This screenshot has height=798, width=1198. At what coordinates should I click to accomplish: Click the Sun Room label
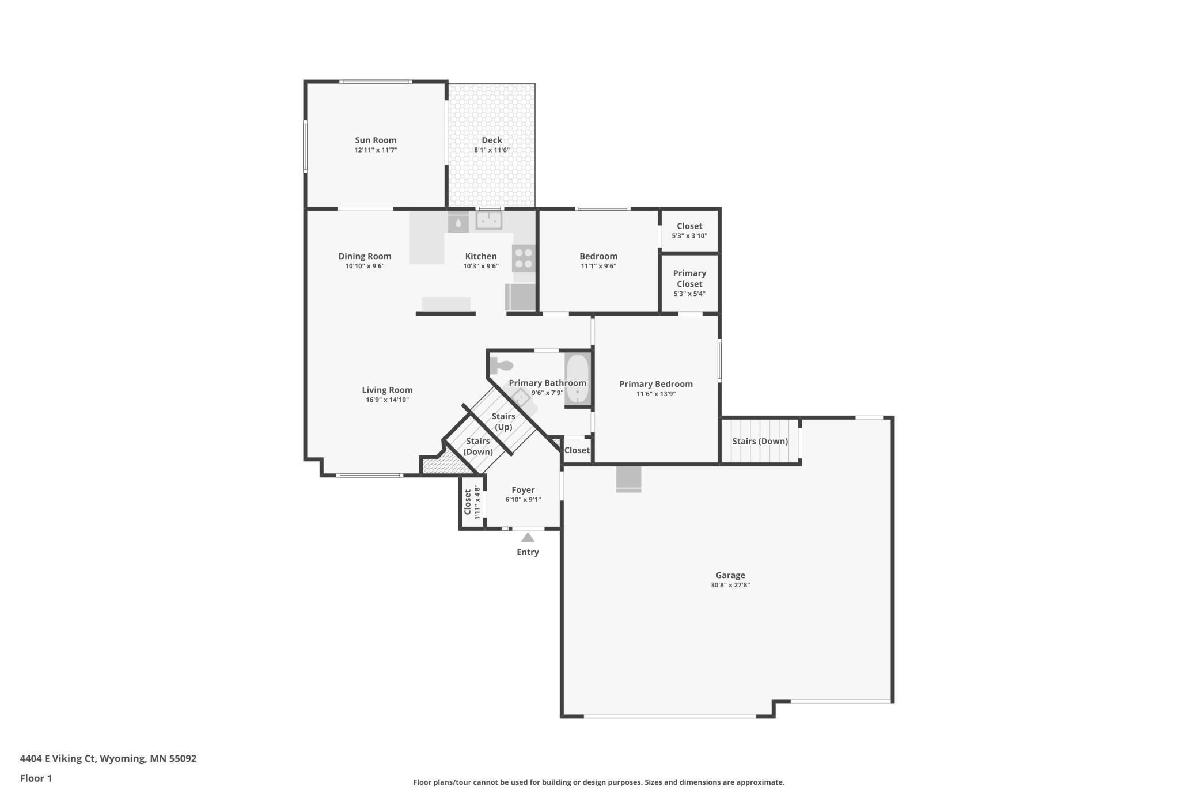tap(376, 140)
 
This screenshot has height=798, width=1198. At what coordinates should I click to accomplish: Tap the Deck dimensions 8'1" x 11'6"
tap(492, 150)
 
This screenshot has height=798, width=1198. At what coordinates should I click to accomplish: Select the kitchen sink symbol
tap(488, 219)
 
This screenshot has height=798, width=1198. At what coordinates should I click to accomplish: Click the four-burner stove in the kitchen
tap(524, 258)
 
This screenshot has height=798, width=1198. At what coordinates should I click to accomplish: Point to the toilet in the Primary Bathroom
tap(501, 366)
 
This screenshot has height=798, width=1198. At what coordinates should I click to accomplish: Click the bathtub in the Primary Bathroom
tap(577, 379)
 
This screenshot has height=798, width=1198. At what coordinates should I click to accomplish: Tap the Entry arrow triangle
tap(528, 537)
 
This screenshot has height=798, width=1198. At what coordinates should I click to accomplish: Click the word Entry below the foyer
tap(528, 552)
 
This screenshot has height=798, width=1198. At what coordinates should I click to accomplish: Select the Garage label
tap(730, 575)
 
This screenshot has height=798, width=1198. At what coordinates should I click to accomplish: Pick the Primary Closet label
tap(689, 279)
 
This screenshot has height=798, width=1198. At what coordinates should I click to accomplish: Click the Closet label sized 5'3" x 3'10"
tap(689, 226)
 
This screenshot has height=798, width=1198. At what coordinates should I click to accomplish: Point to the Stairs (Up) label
tap(503, 421)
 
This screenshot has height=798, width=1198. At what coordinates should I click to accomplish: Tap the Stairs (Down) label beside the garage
tap(760, 442)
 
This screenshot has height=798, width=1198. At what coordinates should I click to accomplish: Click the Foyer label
tap(523, 490)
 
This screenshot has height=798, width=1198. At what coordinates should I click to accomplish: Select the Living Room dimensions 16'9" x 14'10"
tap(387, 400)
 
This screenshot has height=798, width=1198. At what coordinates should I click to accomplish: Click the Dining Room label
tap(365, 256)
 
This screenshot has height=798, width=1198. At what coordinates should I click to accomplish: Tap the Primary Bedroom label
tap(656, 384)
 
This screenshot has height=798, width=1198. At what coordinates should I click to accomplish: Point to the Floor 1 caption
tap(36, 778)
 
